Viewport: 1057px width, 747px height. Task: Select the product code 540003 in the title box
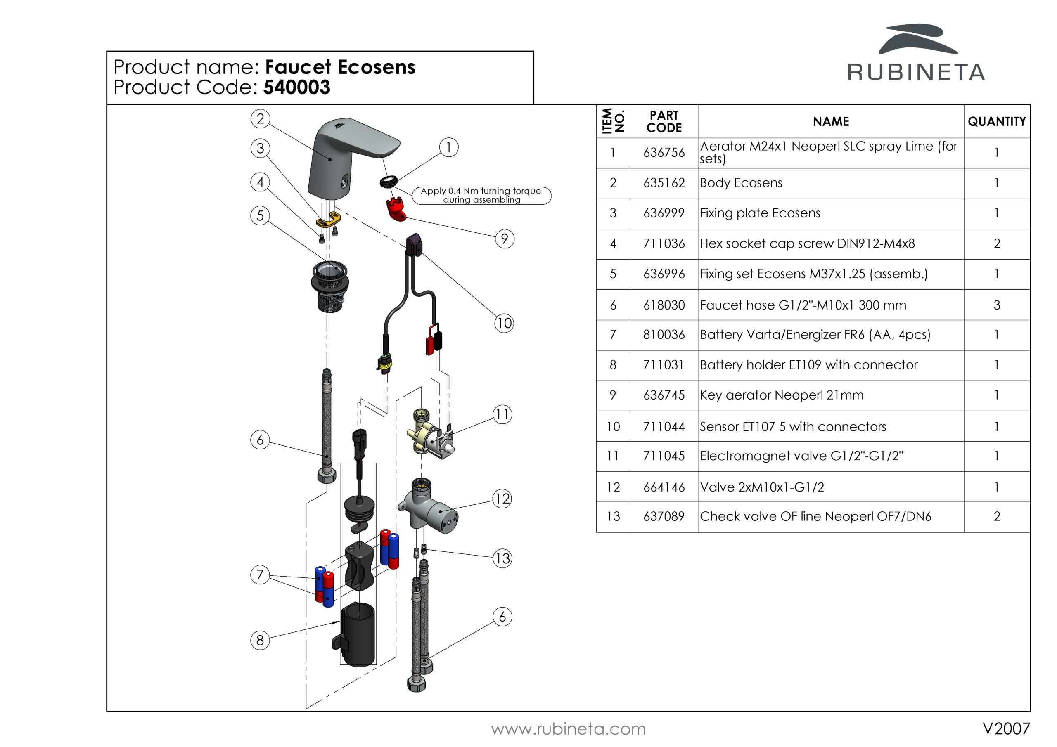(x=296, y=87)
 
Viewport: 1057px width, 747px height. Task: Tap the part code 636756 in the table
(x=664, y=153)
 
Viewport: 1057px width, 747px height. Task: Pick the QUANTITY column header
(x=996, y=121)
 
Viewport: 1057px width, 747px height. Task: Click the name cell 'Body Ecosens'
(x=741, y=183)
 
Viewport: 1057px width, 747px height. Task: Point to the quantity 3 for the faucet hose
(x=996, y=305)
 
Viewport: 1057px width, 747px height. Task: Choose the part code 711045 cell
(x=664, y=456)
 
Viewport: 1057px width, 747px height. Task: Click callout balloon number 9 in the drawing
(x=505, y=239)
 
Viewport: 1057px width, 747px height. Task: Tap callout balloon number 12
(x=502, y=499)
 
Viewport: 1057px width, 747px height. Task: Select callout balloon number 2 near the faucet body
(x=260, y=119)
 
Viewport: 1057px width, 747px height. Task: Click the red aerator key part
(x=396, y=208)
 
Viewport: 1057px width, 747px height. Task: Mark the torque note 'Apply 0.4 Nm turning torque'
(x=481, y=195)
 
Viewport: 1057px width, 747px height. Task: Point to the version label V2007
(x=1006, y=728)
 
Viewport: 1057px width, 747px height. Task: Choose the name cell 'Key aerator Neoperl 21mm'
(x=782, y=395)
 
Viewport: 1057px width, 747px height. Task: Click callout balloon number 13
(x=502, y=559)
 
